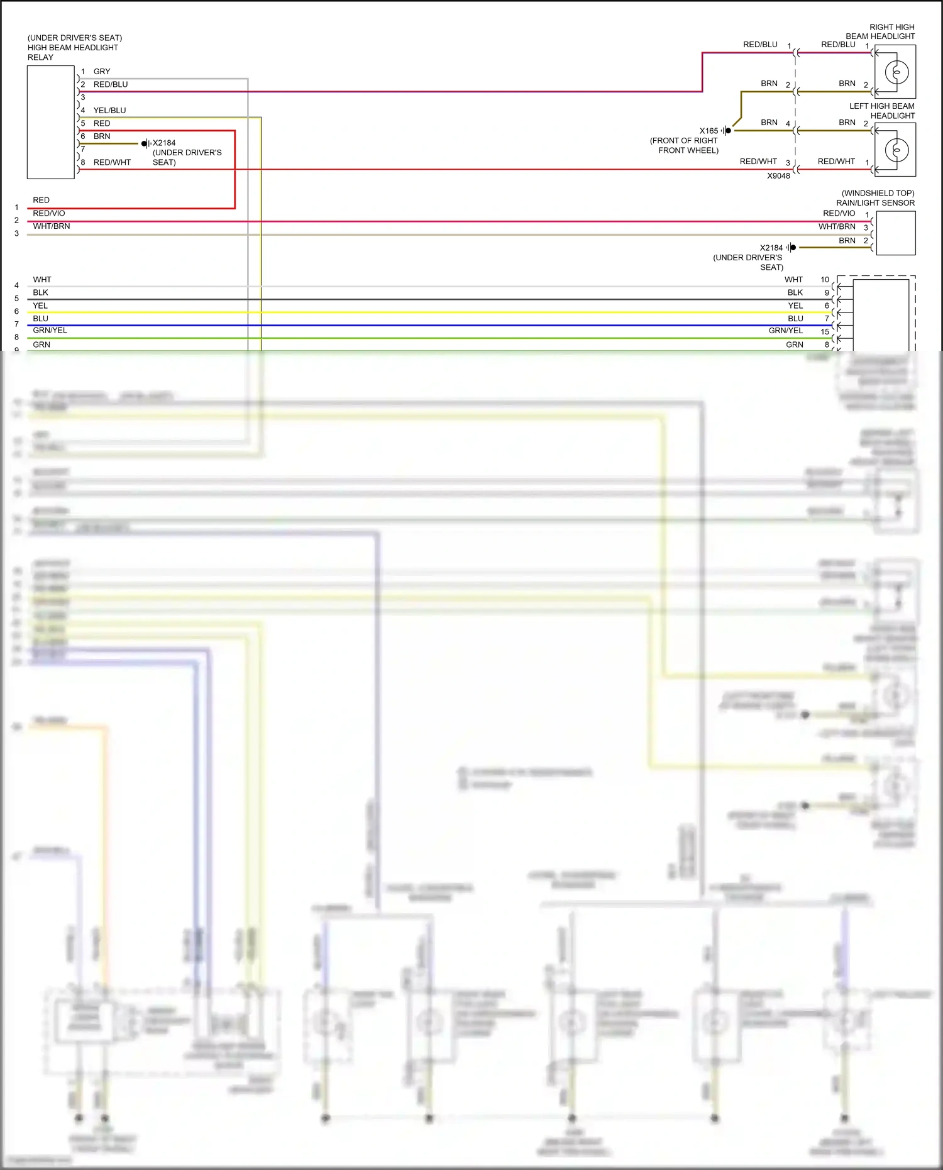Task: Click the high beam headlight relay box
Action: [x=50, y=123]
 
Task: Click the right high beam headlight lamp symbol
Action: [x=896, y=72]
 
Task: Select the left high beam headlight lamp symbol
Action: [x=896, y=150]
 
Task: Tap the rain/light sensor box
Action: [x=895, y=233]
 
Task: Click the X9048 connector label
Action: [x=778, y=176]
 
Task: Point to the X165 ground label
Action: [x=709, y=131]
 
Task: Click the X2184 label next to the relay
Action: [x=164, y=143]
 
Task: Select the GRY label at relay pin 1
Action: [x=102, y=72]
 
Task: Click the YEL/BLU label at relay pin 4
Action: [x=109, y=111]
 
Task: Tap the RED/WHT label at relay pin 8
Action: [x=112, y=162]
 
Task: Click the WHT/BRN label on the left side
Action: [x=52, y=226]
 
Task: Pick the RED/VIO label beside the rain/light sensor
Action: [x=839, y=213]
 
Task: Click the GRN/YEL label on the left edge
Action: [x=50, y=331]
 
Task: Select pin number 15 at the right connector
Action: [x=825, y=331]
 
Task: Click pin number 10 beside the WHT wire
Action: [x=825, y=280]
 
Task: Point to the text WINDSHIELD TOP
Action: [x=878, y=193]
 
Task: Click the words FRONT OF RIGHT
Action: [x=684, y=141]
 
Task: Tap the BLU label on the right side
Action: [x=795, y=319]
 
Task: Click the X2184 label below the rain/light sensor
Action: [x=771, y=248]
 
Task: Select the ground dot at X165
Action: [x=728, y=131]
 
